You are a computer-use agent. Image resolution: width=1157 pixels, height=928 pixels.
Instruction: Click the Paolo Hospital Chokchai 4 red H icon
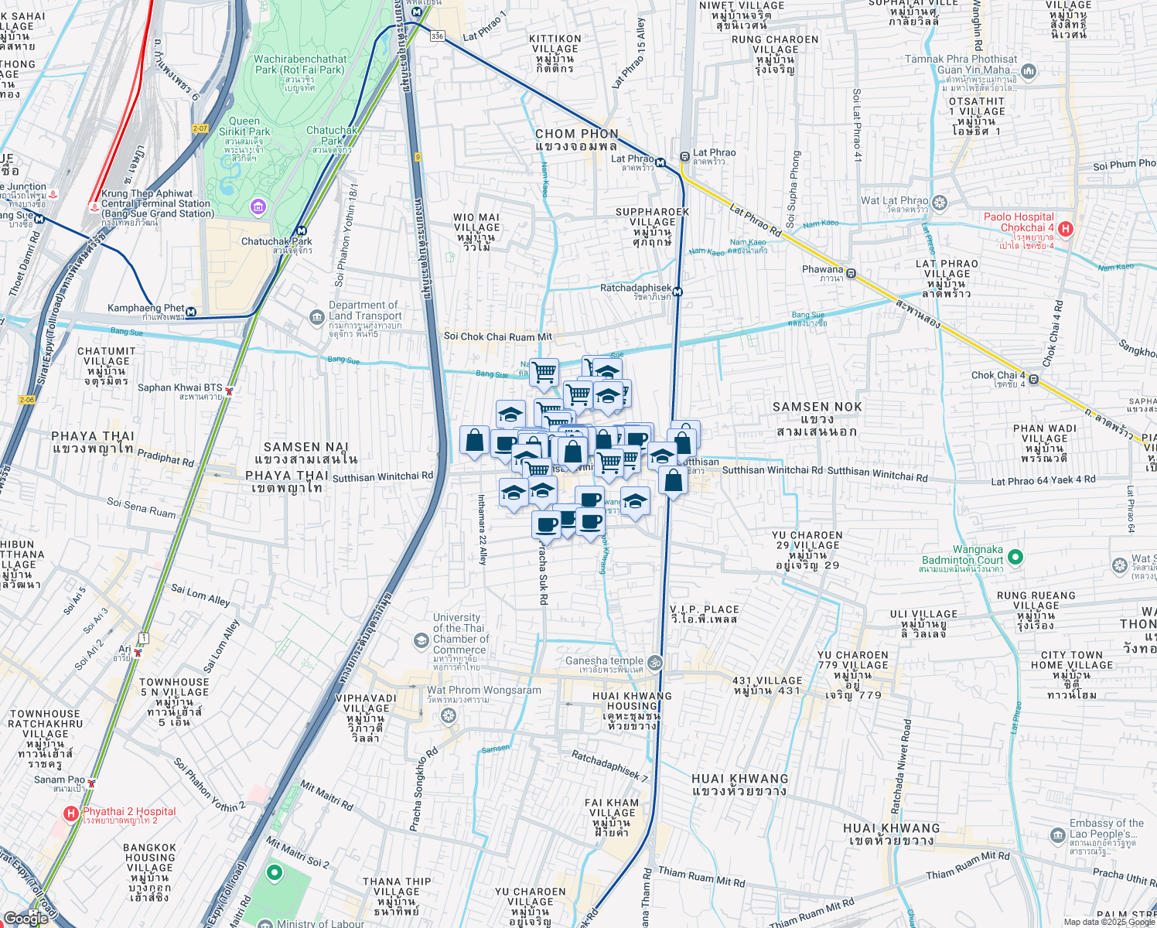1066,228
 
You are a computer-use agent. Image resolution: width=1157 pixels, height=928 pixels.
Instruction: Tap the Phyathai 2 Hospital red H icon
70,813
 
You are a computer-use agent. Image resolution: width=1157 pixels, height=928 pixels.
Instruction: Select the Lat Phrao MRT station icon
660,162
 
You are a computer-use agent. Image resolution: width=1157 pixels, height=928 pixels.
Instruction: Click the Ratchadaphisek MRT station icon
677,292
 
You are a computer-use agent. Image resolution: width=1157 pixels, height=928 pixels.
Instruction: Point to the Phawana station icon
851,273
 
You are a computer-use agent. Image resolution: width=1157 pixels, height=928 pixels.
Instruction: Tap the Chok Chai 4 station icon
1033,379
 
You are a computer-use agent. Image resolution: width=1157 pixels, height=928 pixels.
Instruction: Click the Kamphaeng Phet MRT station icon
191,312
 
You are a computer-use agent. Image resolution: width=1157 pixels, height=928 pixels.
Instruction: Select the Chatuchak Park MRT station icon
301,230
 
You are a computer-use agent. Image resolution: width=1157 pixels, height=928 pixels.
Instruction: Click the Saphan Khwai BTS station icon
229,391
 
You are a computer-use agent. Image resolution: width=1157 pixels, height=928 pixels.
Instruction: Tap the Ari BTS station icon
138,653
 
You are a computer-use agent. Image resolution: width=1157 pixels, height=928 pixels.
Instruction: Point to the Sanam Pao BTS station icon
92,783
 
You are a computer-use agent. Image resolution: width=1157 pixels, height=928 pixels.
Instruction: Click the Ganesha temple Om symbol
654,662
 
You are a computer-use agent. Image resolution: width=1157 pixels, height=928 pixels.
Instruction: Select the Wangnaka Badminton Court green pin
1015,557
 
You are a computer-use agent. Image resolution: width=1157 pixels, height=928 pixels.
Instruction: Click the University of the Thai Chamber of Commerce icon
421,640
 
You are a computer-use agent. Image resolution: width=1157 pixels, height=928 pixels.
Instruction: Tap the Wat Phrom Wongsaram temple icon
448,715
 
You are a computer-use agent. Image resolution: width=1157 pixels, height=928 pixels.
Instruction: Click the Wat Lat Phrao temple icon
940,203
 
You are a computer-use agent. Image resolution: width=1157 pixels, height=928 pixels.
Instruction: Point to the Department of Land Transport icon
316,317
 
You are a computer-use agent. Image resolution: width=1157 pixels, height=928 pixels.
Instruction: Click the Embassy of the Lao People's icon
1058,836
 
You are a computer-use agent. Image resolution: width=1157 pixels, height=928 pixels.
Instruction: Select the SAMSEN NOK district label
817,407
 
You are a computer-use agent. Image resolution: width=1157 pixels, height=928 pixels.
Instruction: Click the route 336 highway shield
438,36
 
